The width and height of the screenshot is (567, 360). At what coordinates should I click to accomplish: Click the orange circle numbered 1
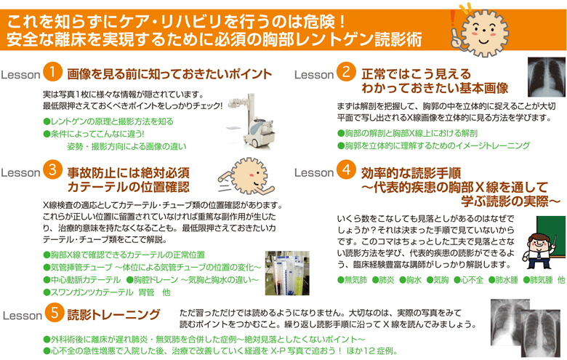[52, 73]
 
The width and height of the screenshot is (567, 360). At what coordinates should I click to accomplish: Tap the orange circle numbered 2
[347, 73]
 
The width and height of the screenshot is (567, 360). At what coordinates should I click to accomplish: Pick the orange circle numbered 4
[347, 171]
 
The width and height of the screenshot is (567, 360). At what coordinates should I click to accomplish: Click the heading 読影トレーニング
[113, 295]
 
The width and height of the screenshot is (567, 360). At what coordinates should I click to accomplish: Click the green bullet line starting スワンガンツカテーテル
[106, 292]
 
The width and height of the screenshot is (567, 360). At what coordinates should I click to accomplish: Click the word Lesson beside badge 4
[314, 172]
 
